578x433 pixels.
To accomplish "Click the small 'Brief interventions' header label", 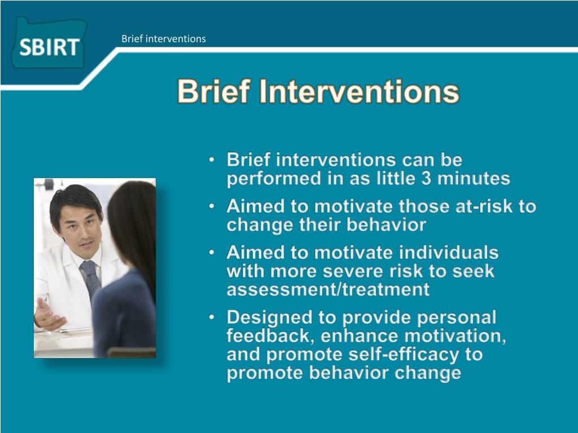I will pyautogui.click(x=164, y=39).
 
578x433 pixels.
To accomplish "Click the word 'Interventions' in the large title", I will pyautogui.click(x=359, y=92).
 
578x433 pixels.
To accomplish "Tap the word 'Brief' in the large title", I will pyautogui.click(x=214, y=92).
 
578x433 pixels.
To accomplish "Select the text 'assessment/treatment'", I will pyautogui.click(x=328, y=290).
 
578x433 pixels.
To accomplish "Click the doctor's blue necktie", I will pyautogui.click(x=90, y=280).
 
